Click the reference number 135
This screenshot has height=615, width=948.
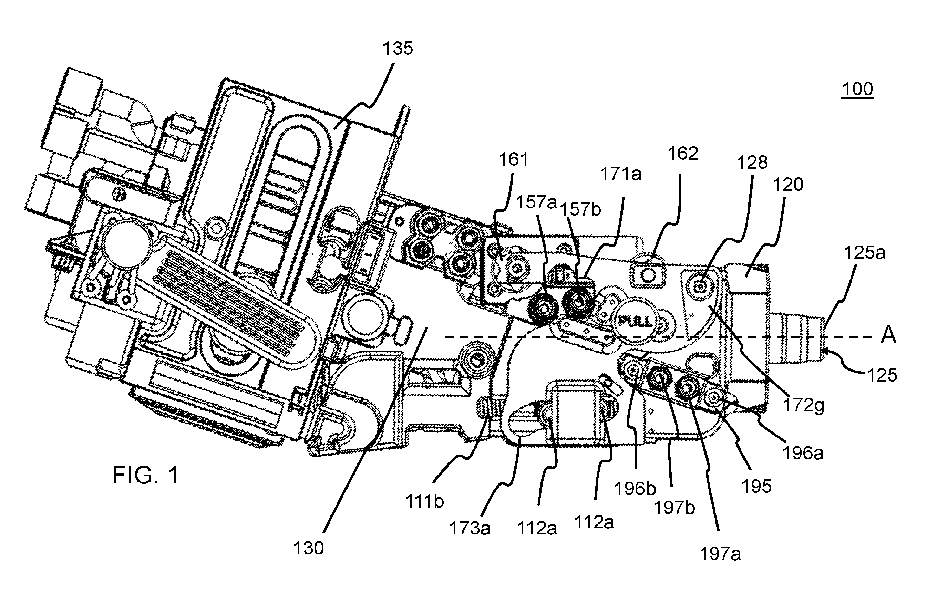coord(398,49)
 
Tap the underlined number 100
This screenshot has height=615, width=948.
coord(857,89)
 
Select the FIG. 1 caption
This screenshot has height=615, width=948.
coord(145,475)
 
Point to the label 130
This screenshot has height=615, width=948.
coord(309,548)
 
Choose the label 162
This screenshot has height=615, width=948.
coord(683,153)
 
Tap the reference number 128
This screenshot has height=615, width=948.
coord(752,163)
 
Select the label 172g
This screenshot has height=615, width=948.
coord(803,405)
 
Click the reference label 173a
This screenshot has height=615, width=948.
coord(470,528)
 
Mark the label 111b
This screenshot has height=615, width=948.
coord(425,501)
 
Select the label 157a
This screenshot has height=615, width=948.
coord(536,202)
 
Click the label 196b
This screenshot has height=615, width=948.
coord(635,488)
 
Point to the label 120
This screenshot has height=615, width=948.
coord(788,185)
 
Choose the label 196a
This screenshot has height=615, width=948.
coord(803,453)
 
